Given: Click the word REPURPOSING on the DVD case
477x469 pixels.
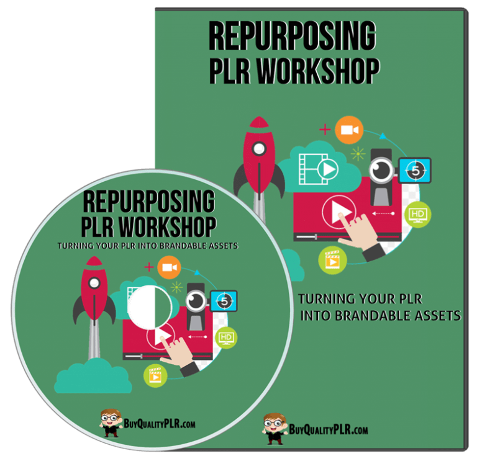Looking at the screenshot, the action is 293,36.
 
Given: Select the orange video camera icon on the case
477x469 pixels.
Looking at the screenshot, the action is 349,130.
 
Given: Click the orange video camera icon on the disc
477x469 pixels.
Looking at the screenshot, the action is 169,267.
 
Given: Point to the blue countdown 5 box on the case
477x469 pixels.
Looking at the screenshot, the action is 415,171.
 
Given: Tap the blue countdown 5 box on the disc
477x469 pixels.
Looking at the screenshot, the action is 224,301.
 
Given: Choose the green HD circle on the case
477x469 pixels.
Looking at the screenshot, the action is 417,215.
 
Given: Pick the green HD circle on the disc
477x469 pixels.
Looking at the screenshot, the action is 226,337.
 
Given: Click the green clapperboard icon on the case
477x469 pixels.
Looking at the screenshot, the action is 332,261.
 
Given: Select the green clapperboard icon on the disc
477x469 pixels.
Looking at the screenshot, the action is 155,376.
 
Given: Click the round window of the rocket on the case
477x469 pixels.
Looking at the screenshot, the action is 259,149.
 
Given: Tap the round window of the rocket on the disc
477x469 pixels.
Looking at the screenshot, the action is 94,283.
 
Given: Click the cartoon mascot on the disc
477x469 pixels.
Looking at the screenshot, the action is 111,423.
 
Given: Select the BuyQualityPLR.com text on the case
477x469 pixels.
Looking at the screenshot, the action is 328,429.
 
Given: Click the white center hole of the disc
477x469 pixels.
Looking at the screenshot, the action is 150,307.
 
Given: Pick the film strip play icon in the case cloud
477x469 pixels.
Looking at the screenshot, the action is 318,169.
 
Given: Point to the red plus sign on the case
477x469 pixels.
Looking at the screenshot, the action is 325,130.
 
